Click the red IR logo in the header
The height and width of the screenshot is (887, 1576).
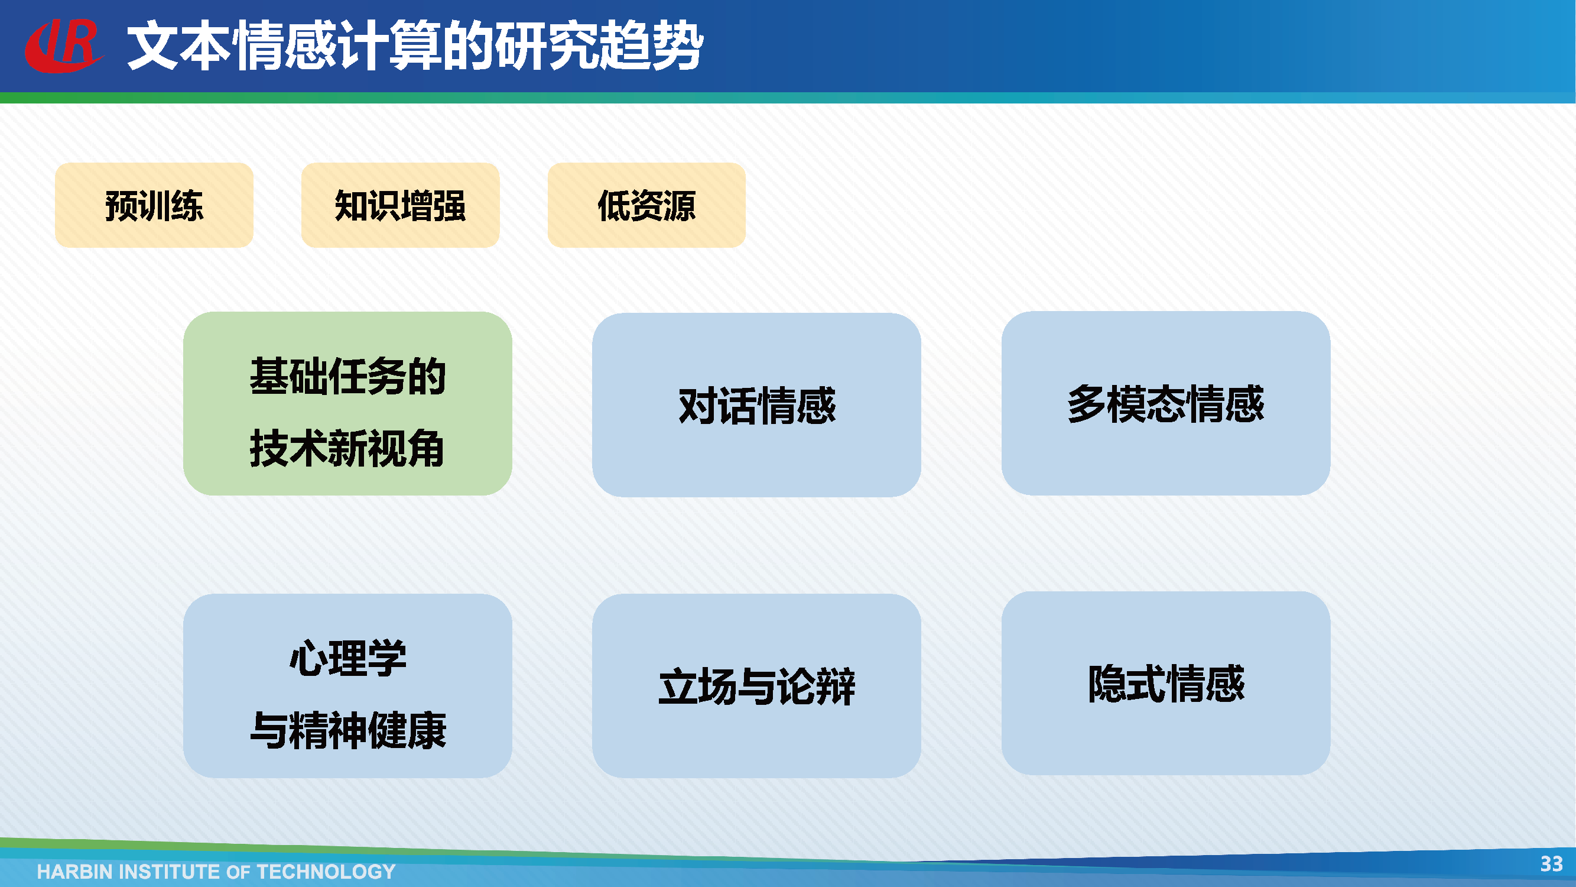tap(64, 46)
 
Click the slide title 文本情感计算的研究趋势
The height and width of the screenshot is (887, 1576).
tap(415, 46)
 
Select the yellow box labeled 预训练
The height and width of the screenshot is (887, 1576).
tap(154, 205)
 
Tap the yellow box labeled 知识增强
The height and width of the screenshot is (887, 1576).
tap(400, 205)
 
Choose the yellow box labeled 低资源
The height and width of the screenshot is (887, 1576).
tap(646, 205)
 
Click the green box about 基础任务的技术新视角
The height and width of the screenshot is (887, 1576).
tap(347, 403)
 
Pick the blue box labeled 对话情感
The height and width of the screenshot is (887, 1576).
tap(757, 404)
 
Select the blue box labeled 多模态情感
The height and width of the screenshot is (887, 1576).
tap(1166, 403)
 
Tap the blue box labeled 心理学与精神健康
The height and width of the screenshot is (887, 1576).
tap(347, 685)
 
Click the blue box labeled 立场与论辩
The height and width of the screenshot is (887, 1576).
tap(757, 685)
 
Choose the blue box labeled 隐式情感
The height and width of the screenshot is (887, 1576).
tap(1166, 683)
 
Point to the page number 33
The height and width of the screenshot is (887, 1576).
tap(1552, 864)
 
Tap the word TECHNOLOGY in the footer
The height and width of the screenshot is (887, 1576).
tap(326, 872)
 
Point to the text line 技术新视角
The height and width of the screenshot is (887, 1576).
tap(347, 448)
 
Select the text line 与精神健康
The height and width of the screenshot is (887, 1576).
tap(348, 730)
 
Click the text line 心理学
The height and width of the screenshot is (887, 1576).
tap(348, 658)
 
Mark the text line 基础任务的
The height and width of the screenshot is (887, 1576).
tap(347, 376)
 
